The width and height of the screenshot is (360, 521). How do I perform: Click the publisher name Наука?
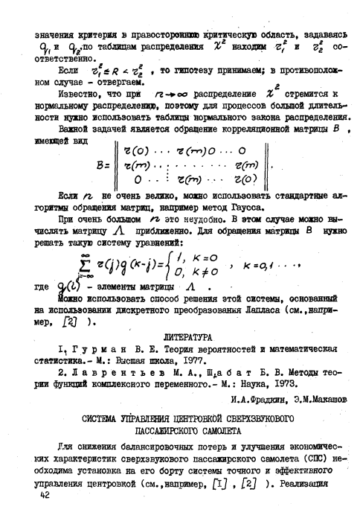[248, 386]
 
